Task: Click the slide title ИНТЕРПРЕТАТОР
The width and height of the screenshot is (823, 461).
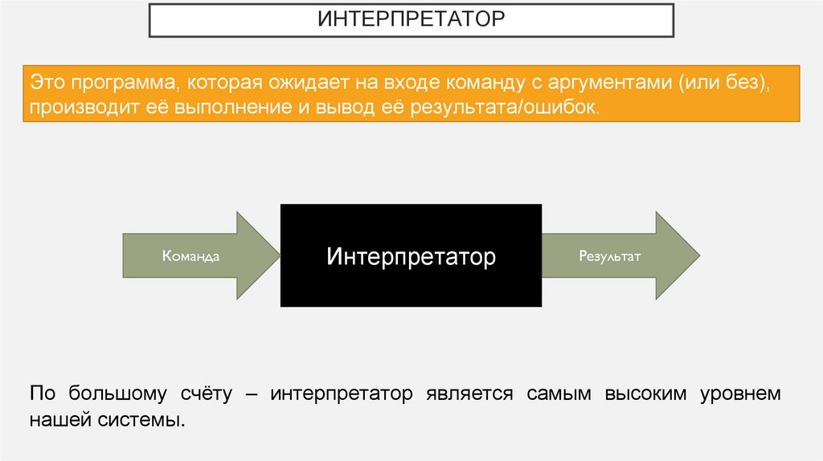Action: point(411,19)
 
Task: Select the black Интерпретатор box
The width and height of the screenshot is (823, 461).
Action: point(411,256)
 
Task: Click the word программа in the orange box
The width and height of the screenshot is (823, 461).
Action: point(120,83)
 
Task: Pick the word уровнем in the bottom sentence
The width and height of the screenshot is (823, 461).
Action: point(739,394)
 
